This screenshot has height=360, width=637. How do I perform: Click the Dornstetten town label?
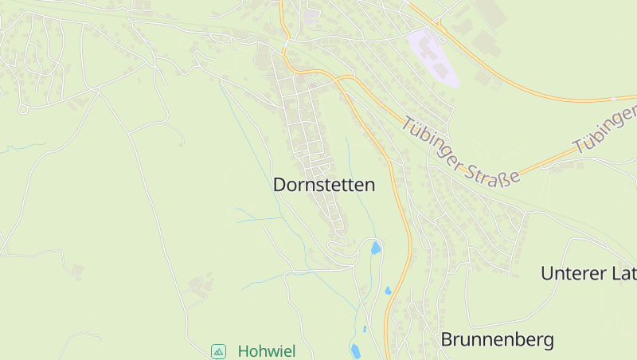tap(323, 185)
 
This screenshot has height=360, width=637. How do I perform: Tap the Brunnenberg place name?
tap(497, 340)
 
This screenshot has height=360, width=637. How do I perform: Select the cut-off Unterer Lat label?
tap(588, 274)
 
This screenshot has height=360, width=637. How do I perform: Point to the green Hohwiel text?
tap(265, 351)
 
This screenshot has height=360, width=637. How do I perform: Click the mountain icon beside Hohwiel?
tap(218, 351)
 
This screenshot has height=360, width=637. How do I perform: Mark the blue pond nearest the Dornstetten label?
tap(375, 248)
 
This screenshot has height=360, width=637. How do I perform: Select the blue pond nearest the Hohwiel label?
tap(354, 350)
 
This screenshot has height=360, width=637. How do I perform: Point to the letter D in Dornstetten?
tap(279, 185)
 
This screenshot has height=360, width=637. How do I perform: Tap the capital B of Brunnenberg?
tap(447, 340)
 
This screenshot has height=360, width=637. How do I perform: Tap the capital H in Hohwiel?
tap(243, 351)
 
